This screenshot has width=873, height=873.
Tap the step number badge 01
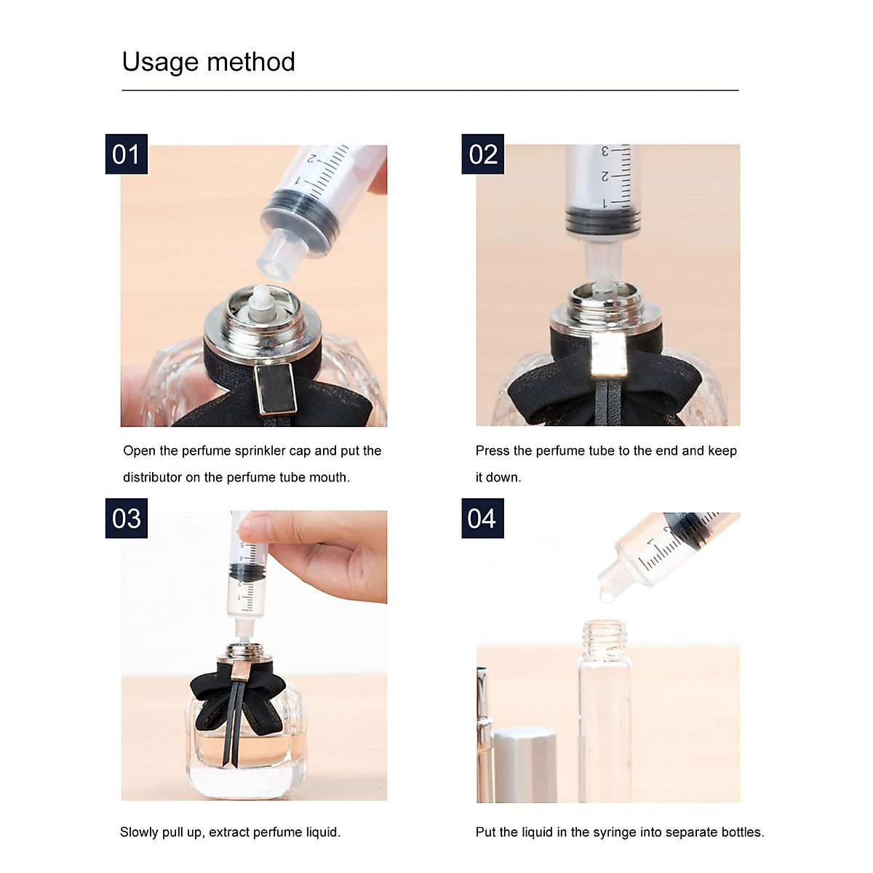point(126,154)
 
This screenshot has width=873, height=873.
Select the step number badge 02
point(483,154)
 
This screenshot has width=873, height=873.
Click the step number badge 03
point(126,519)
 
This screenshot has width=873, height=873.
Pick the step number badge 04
point(482,519)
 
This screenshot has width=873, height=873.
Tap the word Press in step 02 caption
point(493,451)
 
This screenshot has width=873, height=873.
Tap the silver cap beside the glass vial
point(525,764)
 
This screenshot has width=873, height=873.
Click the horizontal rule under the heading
point(430,90)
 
